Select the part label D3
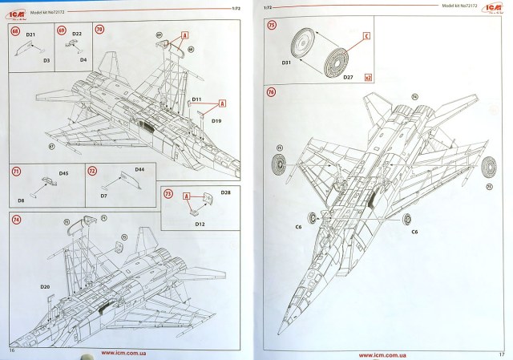point(46,61)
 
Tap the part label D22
point(78,34)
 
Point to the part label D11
point(196,99)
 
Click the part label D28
point(225,194)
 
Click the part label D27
point(349,77)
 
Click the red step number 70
point(99,29)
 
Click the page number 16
point(12,350)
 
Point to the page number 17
point(501,354)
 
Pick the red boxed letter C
point(366,36)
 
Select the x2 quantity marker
point(368,78)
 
